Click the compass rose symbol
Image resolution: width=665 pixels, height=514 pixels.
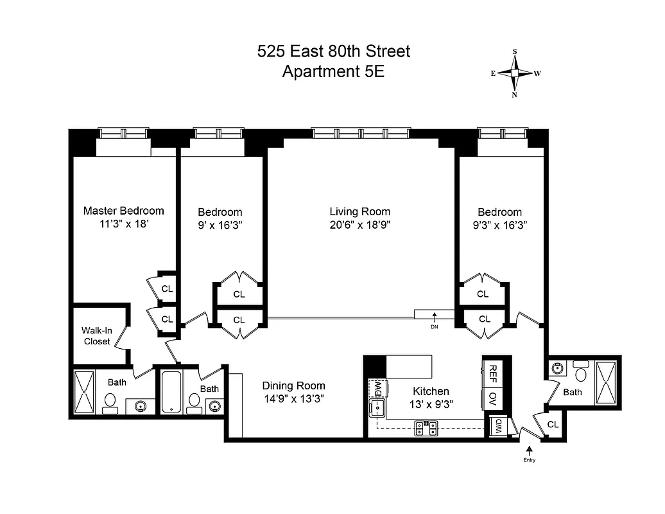click(515, 73)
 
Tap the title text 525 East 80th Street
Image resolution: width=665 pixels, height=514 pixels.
click(333, 51)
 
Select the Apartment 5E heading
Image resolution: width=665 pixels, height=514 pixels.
click(333, 71)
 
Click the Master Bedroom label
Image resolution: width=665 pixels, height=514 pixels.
click(123, 211)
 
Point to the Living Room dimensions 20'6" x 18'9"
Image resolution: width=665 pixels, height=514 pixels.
click(359, 225)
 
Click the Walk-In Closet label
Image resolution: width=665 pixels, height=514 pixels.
click(96, 336)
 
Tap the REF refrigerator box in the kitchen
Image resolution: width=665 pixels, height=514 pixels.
click(493, 372)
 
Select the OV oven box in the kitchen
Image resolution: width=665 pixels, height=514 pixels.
click(493, 397)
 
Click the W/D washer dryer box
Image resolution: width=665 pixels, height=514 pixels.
click(496, 426)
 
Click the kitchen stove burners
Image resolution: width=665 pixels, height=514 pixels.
click(426, 427)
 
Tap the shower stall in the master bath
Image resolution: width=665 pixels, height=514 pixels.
click(84, 391)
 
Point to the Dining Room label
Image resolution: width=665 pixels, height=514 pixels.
click(293, 386)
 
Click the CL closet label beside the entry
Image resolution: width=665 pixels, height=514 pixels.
click(553, 424)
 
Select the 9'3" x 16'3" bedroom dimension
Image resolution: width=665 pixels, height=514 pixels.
click(499, 225)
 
